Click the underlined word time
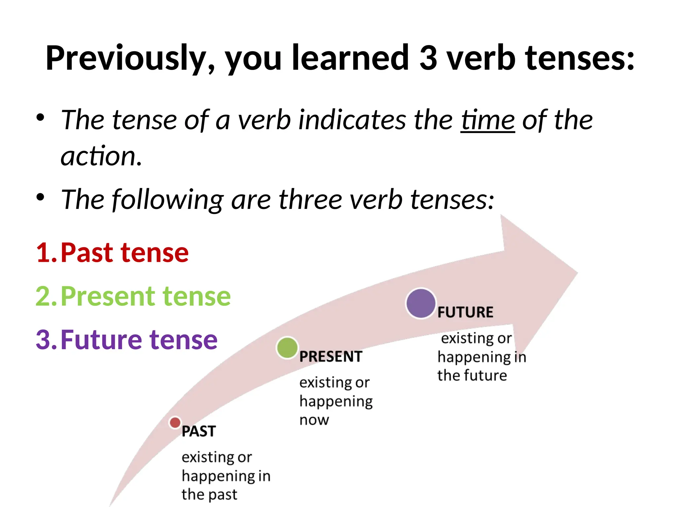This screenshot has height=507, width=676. pos(488,120)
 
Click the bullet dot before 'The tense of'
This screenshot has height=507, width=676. pos(40,118)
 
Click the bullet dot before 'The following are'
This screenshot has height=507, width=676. pos(40,197)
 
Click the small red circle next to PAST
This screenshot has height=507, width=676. pos(175,422)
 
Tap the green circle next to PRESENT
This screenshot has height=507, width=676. pos(287,348)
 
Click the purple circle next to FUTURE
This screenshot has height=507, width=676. pos(421,303)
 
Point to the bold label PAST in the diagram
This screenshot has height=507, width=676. pos(199,431)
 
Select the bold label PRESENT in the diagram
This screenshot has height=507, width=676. pos(331,357)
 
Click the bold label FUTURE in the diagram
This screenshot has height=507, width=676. pos(465,312)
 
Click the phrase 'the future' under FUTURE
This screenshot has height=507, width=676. pos(472,376)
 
